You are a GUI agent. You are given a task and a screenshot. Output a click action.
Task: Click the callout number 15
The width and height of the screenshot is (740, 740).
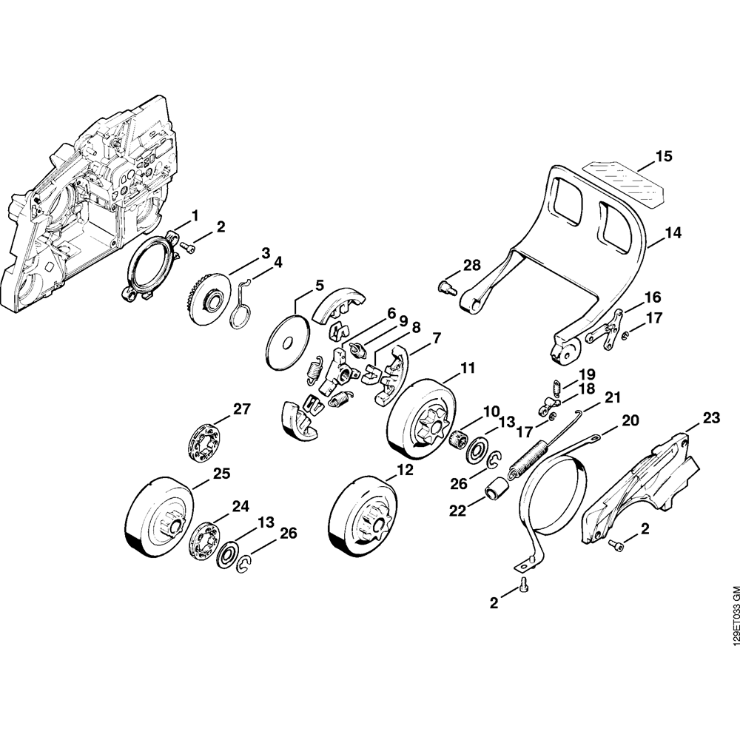point(664,157)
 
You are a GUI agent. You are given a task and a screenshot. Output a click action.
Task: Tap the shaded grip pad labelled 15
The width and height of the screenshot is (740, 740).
point(625,181)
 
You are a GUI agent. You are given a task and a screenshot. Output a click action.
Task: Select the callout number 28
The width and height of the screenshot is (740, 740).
point(471,265)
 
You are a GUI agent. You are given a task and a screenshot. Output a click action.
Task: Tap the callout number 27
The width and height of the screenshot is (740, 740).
point(242,408)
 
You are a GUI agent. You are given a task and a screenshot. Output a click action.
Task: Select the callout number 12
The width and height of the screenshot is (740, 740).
point(403,469)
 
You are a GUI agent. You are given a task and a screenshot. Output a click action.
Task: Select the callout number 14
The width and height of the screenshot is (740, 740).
point(673,232)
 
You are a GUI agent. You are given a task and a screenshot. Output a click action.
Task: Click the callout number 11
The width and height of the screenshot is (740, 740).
point(468,368)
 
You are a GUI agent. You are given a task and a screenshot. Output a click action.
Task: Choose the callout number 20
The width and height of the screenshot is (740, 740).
point(630,420)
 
